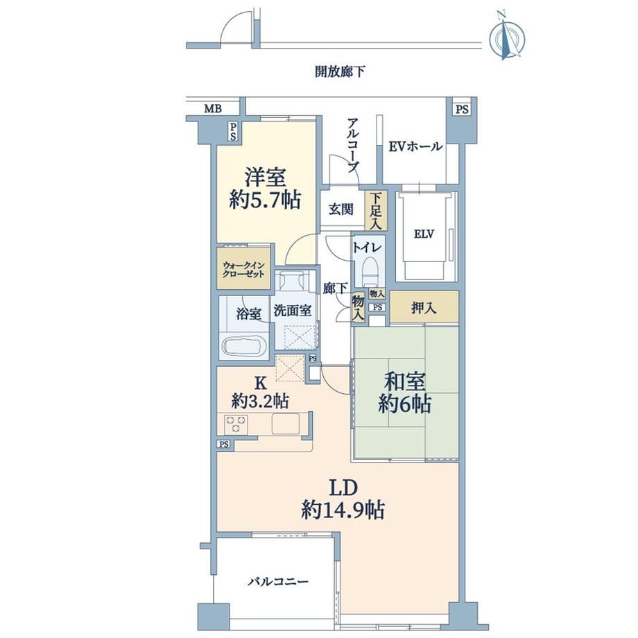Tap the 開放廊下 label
point(340,71)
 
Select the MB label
point(213,109)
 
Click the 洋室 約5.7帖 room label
point(265,189)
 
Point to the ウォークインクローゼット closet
point(243,268)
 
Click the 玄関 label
point(341,210)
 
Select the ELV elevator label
point(424,234)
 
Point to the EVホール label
point(415,146)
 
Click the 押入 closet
point(424,308)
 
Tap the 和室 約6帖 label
point(405,393)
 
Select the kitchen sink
point(286,424)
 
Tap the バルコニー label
point(278,581)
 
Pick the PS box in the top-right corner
point(462,109)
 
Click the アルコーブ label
point(353,145)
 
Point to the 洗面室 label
point(293,311)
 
